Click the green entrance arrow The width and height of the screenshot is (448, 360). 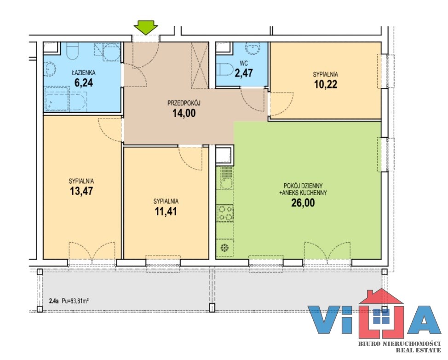pos(146,28)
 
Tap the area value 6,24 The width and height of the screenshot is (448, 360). pos(83,83)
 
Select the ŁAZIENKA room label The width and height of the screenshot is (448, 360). pos(83,73)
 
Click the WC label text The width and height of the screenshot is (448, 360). pos(244,64)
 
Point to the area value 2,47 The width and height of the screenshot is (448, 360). pos(244,73)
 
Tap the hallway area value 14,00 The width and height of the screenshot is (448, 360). pos(184,113)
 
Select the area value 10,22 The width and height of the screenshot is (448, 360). pos(326,84)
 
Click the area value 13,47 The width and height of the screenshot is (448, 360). pos(81,191)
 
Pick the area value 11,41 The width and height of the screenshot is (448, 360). pos(166,212)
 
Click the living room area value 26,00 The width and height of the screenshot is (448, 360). pos(303,203)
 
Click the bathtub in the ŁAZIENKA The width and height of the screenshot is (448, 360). pos(66,99)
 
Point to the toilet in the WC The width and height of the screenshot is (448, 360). pos(225,69)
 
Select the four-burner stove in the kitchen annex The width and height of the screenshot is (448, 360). pos(225,213)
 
